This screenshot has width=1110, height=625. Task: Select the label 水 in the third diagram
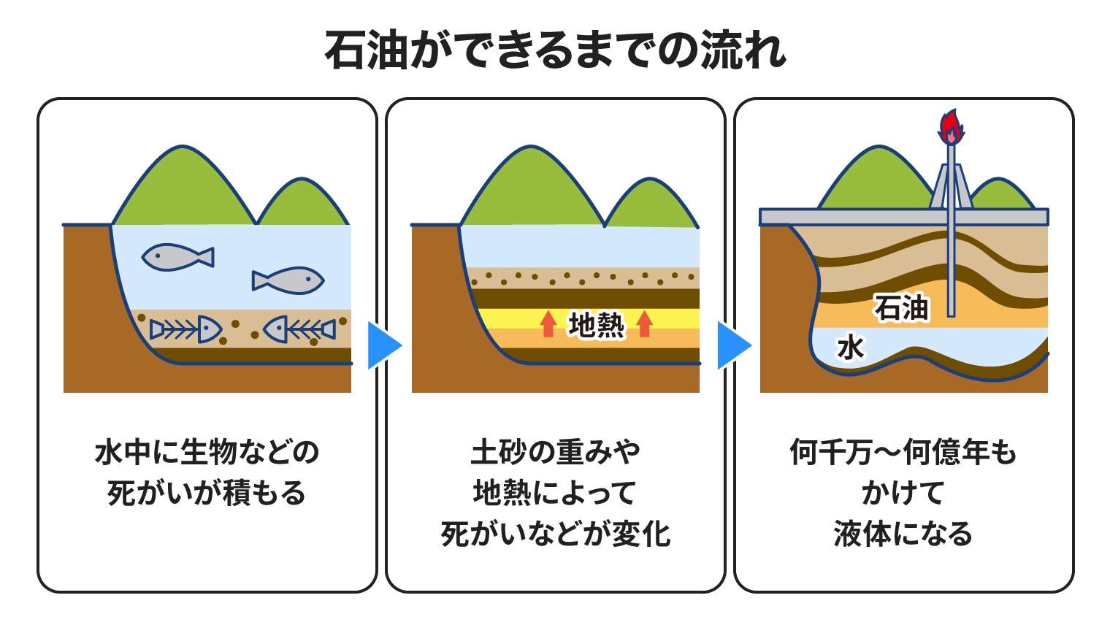(851, 348)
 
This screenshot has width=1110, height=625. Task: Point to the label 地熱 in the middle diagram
(596, 325)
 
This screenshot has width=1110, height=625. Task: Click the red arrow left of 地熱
(548, 324)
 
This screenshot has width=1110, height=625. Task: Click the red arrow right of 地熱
(644, 324)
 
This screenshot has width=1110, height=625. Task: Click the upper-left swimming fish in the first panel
(177, 256)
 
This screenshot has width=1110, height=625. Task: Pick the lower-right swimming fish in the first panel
(288, 280)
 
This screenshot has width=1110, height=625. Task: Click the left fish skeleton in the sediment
(185, 330)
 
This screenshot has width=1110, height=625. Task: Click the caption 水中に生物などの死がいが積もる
(207, 472)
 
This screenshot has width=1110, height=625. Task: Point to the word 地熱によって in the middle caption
(555, 493)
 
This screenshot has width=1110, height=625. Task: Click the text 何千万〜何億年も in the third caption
(903, 452)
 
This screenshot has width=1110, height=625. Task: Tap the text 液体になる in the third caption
(903, 534)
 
